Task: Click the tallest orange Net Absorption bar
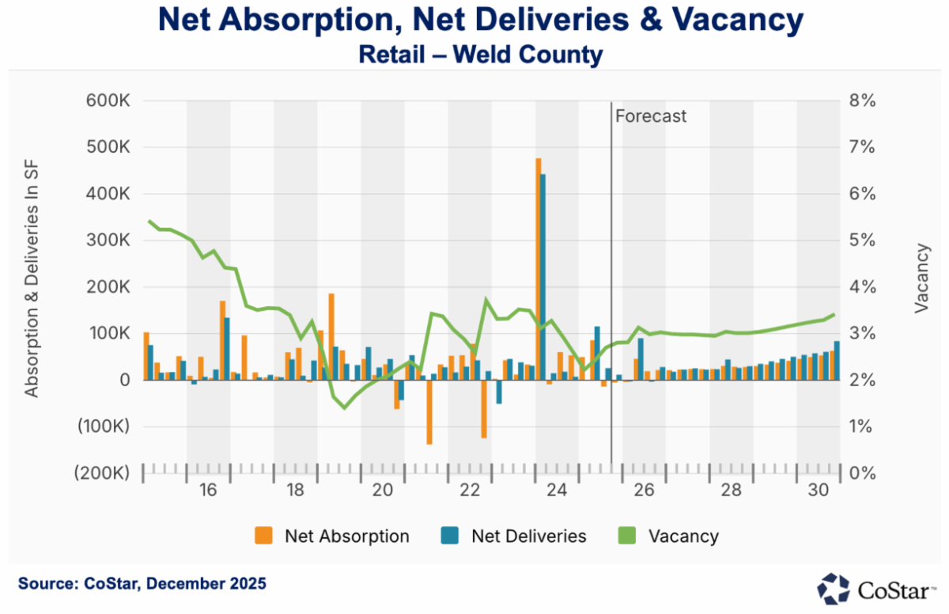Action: (539, 269)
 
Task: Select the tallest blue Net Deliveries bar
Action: (543, 277)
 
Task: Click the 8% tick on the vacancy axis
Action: (863, 101)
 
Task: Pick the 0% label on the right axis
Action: (863, 473)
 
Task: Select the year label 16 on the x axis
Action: (208, 491)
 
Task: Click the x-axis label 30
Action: (818, 491)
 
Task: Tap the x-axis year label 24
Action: (556, 491)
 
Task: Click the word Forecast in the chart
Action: (651, 116)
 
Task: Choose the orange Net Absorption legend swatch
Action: (263, 536)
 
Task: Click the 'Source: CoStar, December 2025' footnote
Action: (142, 584)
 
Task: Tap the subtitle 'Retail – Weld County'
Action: (481, 55)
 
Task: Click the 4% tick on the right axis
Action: (863, 287)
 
